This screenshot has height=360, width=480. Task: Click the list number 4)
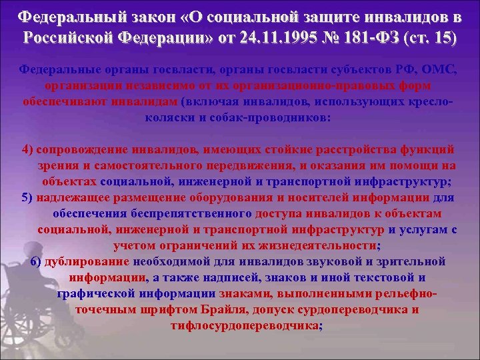tap(28, 147)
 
